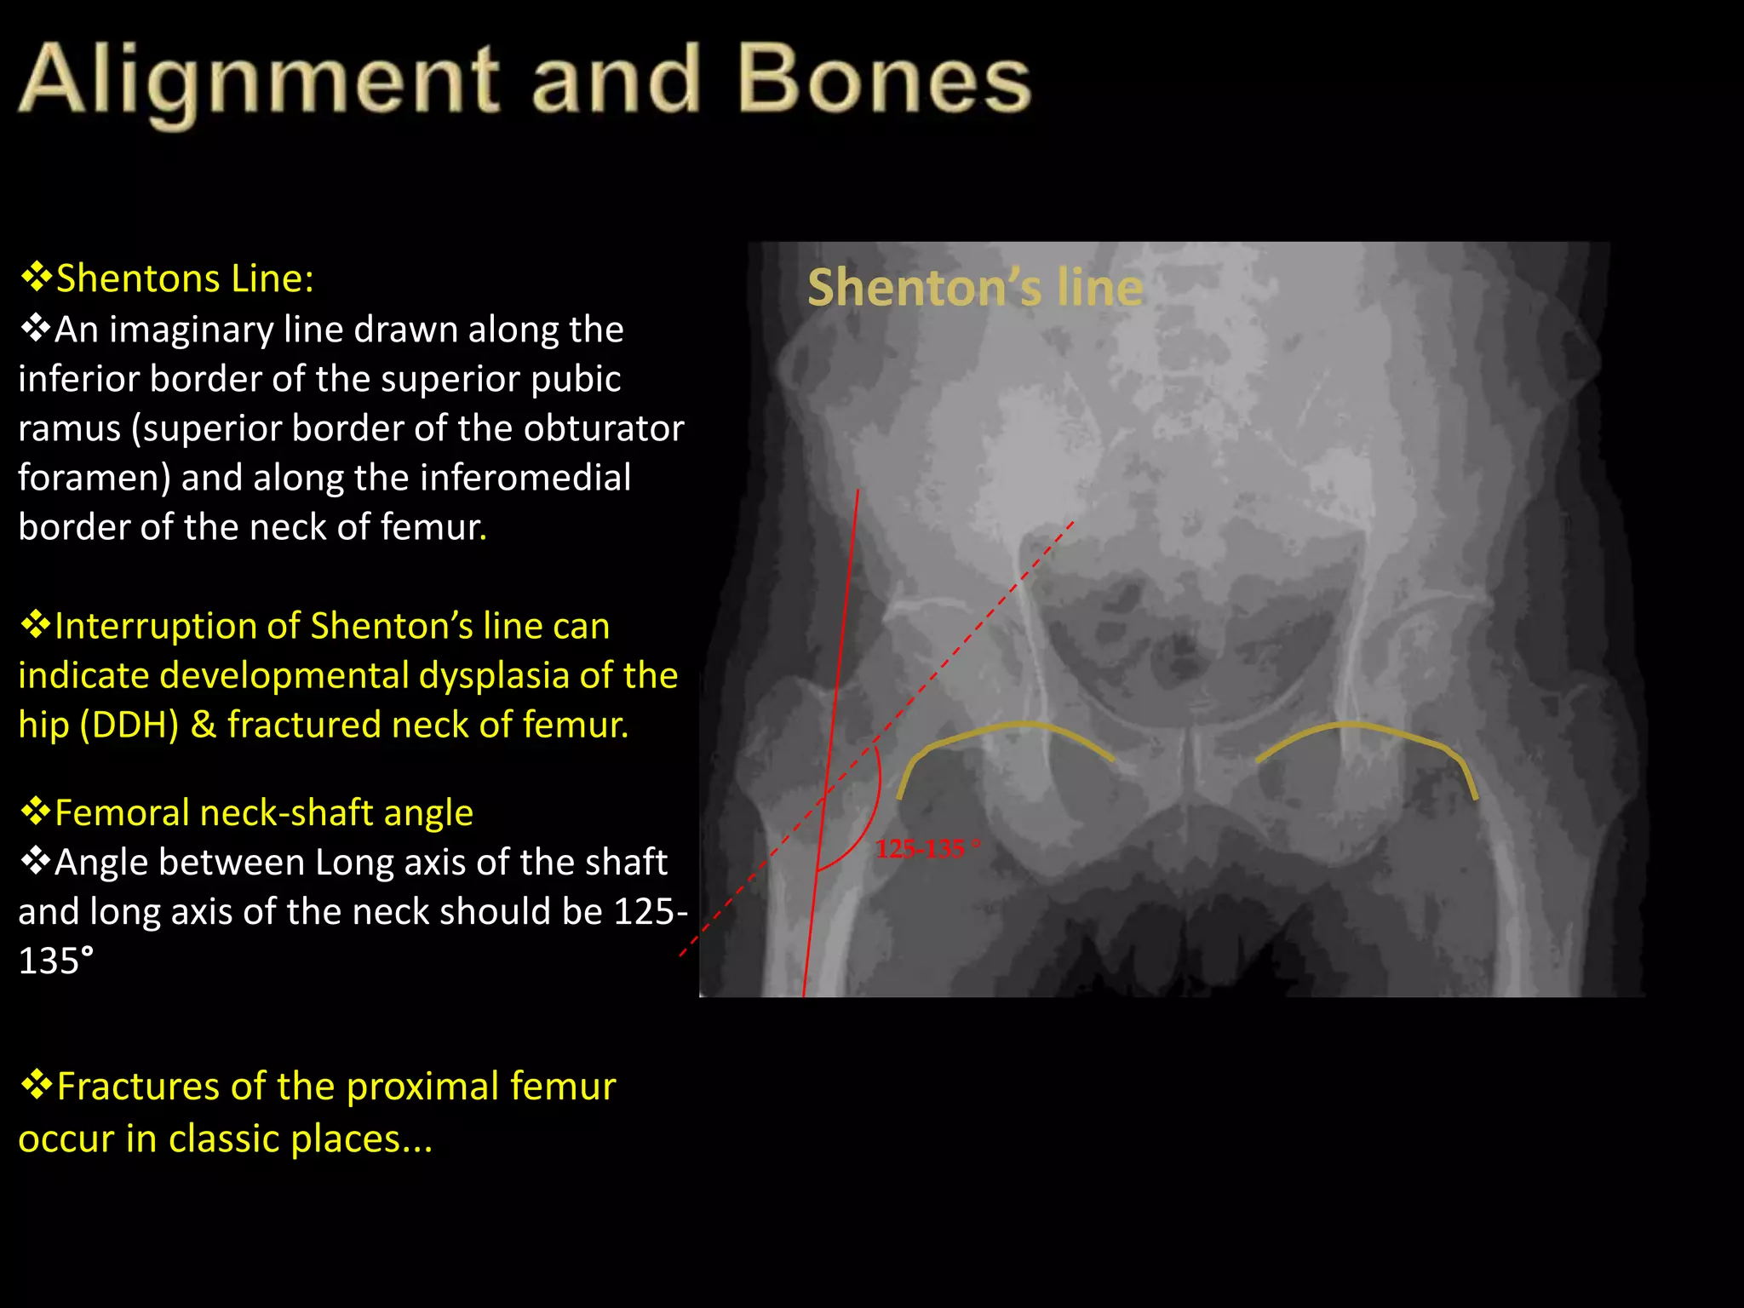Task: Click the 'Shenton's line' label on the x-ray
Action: click(975, 287)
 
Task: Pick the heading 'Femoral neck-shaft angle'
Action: click(263, 812)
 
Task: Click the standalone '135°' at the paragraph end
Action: click(55, 961)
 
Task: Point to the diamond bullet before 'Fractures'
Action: click(37, 1085)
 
